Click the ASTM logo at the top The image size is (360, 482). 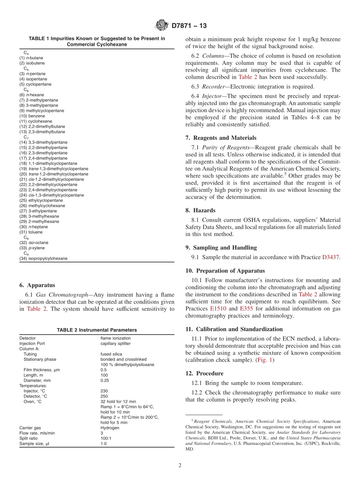(x=162, y=25)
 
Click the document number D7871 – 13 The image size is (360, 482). (x=189, y=26)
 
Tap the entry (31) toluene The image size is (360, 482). (x=31, y=232)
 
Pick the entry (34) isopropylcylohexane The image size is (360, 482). (x=44, y=258)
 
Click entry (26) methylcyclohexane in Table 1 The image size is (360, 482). (x=42, y=206)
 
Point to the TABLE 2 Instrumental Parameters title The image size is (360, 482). (x=97, y=330)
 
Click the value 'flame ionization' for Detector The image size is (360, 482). (x=115, y=338)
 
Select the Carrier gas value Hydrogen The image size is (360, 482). (x=110, y=428)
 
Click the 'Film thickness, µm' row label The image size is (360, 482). (x=42, y=370)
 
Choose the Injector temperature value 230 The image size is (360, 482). (x=104, y=391)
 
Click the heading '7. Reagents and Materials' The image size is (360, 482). (x=221, y=138)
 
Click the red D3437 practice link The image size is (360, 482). (x=330, y=257)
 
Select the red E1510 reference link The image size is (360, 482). (x=218, y=308)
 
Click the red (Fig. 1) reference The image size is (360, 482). (x=265, y=360)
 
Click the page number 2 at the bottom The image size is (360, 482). (x=180, y=466)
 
